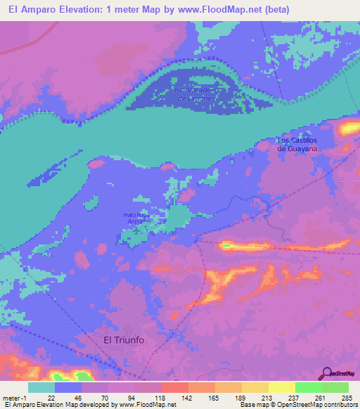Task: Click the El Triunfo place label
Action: [x=122, y=339]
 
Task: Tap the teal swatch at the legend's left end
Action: [x=41, y=387]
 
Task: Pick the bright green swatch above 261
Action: [x=309, y=387]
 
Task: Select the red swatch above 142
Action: [x=175, y=387]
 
